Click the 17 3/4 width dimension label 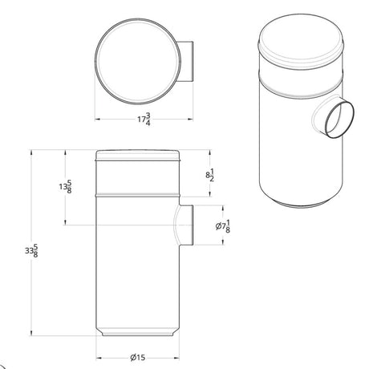[x=144, y=120]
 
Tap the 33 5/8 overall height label [x=31, y=250]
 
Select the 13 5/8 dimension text [x=66, y=186]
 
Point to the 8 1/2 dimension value [x=210, y=175]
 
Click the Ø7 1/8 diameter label [x=223, y=226]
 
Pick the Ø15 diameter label [x=138, y=357]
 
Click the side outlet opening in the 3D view [x=339, y=119]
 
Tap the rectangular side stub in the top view [x=186, y=61]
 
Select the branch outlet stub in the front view [x=186, y=225]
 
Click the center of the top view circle [x=138, y=61]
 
